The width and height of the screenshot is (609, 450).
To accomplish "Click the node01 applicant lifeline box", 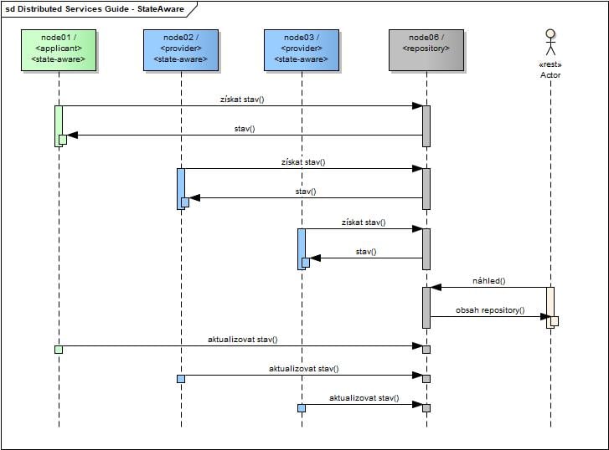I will tap(59, 50).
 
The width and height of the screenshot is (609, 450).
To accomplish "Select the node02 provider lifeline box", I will tap(180, 50).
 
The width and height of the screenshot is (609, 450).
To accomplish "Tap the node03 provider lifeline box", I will tap(301, 50).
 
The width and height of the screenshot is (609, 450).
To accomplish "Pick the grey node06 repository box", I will tap(426, 50).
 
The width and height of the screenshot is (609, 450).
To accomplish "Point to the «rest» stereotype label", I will tap(550, 64).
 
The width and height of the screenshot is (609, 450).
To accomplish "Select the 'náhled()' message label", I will tap(490, 281).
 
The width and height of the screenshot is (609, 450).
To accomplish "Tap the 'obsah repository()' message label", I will tap(490, 310).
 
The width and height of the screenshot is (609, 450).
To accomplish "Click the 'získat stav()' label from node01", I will tap(243, 100).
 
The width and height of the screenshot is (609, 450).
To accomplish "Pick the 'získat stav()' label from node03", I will tap(364, 222).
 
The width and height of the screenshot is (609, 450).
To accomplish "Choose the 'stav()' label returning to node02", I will tap(305, 192).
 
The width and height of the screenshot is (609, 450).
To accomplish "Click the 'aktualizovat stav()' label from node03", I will tap(364, 398).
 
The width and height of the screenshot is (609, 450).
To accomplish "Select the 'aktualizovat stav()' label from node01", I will tap(243, 340).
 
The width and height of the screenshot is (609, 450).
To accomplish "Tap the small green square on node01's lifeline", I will tap(58, 350).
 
